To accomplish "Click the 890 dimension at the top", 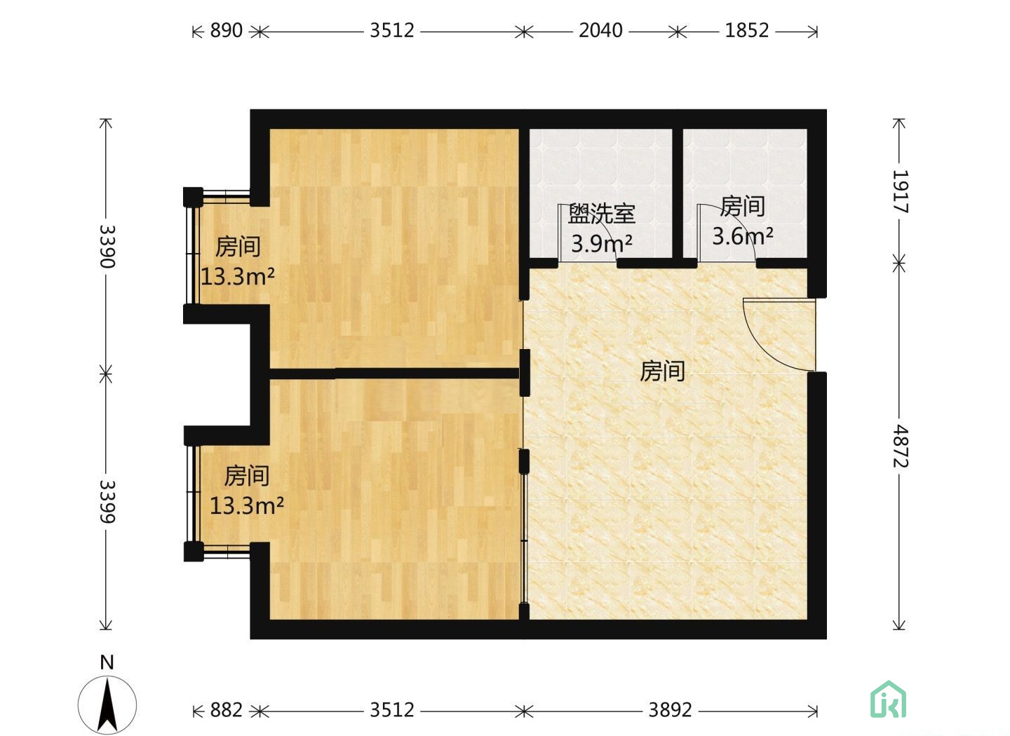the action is (x=227, y=31).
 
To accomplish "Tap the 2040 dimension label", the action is (x=600, y=31).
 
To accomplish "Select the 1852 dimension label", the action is (x=747, y=31).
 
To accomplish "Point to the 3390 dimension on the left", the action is (x=107, y=246).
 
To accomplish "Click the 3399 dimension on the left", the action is (x=107, y=501).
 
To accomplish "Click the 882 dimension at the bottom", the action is (x=227, y=710).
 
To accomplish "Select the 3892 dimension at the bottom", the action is (x=670, y=710).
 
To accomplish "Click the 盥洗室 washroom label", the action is (x=602, y=214).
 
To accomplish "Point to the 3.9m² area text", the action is (x=602, y=243).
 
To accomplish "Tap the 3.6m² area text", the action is (x=743, y=236).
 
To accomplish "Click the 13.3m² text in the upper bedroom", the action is (x=238, y=276).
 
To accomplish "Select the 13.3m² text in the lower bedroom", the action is (x=247, y=505).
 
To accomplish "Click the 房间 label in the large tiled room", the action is (x=662, y=372).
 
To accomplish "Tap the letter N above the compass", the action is (x=107, y=662).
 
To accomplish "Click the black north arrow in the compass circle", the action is (x=107, y=705).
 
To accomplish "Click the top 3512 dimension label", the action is (x=392, y=31).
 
